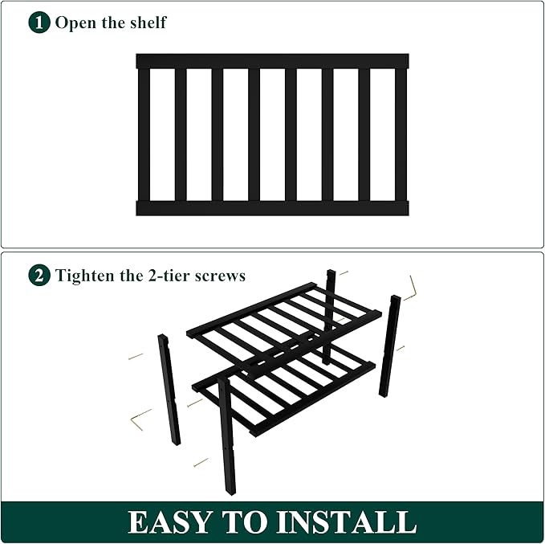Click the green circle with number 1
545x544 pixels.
pos(39,22)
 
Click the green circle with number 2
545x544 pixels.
pos(39,276)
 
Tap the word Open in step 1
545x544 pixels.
pos(75,22)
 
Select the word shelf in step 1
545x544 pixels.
pos(147,22)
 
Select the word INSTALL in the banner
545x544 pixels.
pos(356,522)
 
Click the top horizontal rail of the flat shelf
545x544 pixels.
pos(272,61)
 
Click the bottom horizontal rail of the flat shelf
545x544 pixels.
pos(272,208)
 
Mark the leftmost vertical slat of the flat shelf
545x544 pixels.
pos(144,134)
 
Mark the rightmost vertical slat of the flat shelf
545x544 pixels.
pos(401,134)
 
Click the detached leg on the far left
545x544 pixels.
pos(169,390)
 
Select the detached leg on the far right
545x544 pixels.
pos(390,346)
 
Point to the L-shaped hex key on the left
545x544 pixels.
pos(140,418)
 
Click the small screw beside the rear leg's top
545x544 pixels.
pos(344,273)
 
